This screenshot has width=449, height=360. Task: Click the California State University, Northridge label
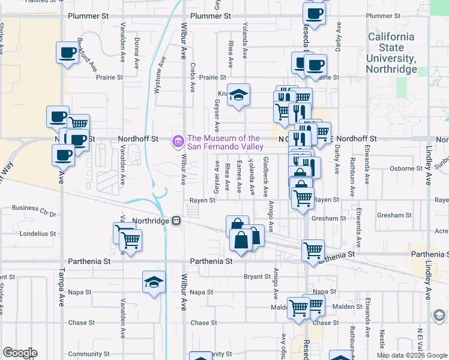(x=391, y=53)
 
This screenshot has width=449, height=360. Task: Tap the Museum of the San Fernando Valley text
(x=225, y=142)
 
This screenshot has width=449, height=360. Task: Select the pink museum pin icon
(x=178, y=142)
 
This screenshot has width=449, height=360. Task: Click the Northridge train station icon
(x=176, y=220)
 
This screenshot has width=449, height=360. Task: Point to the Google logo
(x=20, y=353)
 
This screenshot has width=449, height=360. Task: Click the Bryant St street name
(x=257, y=277)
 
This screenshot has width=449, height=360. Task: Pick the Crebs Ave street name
(x=193, y=77)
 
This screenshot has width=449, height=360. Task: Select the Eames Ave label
(x=239, y=176)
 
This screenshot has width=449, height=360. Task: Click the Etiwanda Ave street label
(x=358, y=227)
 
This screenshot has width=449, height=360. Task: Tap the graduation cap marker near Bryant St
(x=154, y=283)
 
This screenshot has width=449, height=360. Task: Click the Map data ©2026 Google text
(x=411, y=355)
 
